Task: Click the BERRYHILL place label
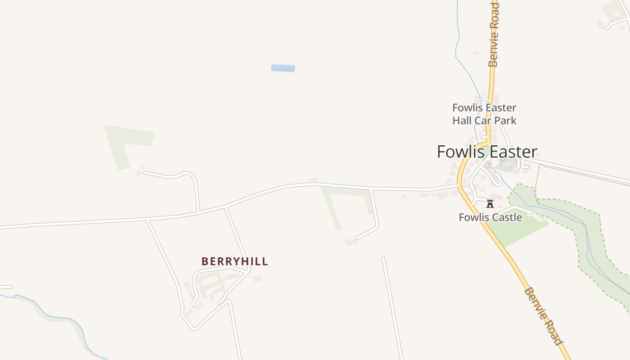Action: click(234, 261)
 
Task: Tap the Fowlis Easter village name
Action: click(487, 152)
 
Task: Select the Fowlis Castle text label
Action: click(490, 217)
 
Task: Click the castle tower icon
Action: click(490, 204)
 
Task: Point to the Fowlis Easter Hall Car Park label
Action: click(484, 114)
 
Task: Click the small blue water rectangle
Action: click(283, 68)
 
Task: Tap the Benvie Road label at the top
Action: click(494, 34)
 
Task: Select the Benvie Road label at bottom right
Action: click(544, 316)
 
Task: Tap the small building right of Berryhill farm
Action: click(257, 279)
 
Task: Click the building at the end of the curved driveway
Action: click(351, 243)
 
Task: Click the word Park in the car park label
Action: click(506, 121)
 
